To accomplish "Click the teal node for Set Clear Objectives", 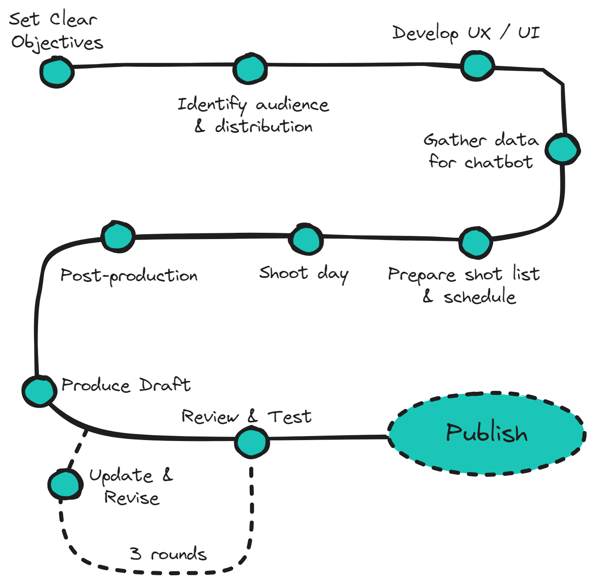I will click(x=56, y=72).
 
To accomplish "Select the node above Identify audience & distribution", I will click(x=250, y=68).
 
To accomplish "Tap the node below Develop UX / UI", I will click(x=478, y=66).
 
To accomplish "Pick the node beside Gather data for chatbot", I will click(x=562, y=149).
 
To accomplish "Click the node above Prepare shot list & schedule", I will click(x=475, y=242).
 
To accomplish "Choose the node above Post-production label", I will click(x=118, y=236).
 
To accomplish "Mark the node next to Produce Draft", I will click(x=39, y=390).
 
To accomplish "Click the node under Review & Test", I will click(x=252, y=442).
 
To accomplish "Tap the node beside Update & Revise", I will click(x=65, y=484).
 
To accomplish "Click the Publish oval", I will click(x=486, y=433).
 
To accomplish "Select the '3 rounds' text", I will click(x=168, y=554).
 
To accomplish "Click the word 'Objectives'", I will click(x=57, y=43).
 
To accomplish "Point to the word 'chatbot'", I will click(x=499, y=162).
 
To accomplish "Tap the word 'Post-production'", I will click(x=129, y=275).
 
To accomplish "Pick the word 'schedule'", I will click(x=479, y=296).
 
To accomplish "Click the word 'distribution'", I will click(x=264, y=127).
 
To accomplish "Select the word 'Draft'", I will click(x=165, y=385).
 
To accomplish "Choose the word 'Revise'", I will click(x=132, y=497).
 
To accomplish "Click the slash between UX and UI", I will click(x=504, y=32).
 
